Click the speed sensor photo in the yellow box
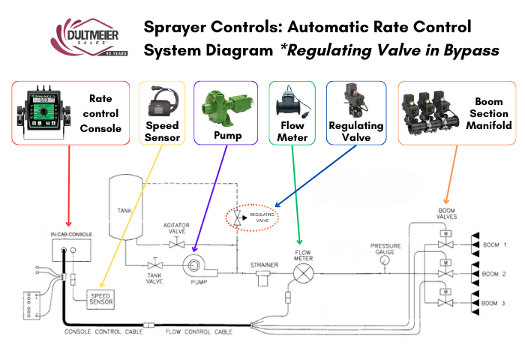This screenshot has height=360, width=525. pos(159,97)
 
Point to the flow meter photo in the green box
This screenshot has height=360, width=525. pos(292,98)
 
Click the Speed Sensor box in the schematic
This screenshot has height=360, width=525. pos(103,299)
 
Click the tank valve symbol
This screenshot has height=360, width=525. pos(155,264)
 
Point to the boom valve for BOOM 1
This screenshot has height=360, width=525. pos(446,244)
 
